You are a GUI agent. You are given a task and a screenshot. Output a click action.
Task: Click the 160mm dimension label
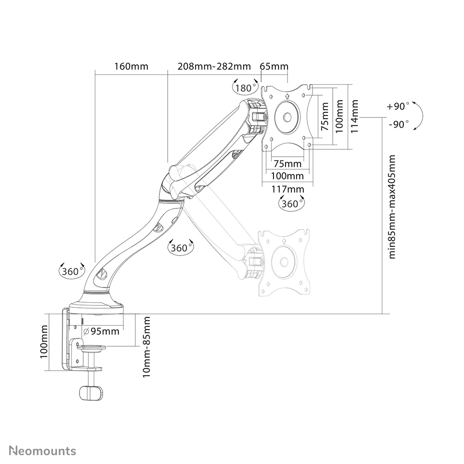tap(131, 66)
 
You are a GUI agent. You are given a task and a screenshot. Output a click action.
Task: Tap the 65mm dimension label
tap(274, 66)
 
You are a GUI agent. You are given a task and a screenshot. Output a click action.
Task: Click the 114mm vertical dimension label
tap(354, 117)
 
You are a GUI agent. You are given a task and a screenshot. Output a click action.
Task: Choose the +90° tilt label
tap(398, 106)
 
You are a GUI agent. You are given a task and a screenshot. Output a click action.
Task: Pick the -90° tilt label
tap(398, 124)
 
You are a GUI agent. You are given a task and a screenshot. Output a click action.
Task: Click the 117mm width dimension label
tap(287, 189)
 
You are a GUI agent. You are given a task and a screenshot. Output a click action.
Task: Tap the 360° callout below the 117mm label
tap(291, 203)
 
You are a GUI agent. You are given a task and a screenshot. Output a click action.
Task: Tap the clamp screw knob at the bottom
tap(91, 393)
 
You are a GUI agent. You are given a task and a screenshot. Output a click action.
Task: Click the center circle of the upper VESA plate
tap(287, 116)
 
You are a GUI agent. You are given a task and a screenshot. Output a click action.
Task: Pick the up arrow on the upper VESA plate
tap(287, 97)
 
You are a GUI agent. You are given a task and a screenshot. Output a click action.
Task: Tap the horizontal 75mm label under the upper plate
tap(287, 163)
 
